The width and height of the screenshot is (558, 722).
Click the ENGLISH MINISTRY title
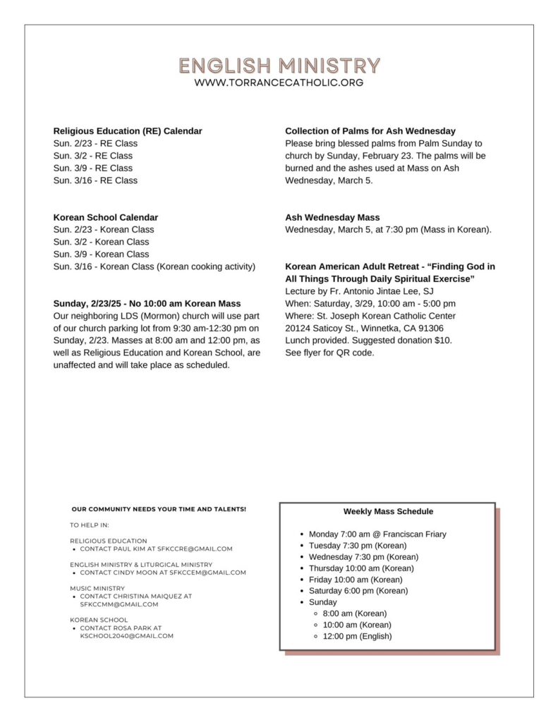pos(279,66)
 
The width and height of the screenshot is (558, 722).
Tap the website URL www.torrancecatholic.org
pos(279,82)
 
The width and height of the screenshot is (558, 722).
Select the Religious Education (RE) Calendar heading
pos(128,131)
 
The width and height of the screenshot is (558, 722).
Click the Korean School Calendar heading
pos(106,217)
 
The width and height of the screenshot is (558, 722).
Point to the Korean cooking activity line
pos(154,267)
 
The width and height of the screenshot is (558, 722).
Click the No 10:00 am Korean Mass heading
pos(147,303)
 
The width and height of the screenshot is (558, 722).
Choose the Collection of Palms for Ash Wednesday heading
pos(370,131)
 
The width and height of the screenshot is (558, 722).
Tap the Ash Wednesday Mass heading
pos(332,217)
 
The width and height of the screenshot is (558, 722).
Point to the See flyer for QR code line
pos(329,353)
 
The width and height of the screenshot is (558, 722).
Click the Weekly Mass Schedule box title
pos(388,511)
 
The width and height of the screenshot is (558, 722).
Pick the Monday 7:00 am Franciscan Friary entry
pos(377,534)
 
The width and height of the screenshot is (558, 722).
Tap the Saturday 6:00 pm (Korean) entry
pos(358,591)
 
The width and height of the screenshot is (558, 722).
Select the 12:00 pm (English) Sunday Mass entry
pos(357,636)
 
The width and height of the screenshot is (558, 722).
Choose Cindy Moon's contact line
pos(163,573)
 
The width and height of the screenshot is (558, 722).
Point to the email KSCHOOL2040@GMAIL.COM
pos(126,635)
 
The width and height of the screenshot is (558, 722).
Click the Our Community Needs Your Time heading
pos(159,509)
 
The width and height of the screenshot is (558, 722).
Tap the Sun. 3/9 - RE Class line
pos(92,168)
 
